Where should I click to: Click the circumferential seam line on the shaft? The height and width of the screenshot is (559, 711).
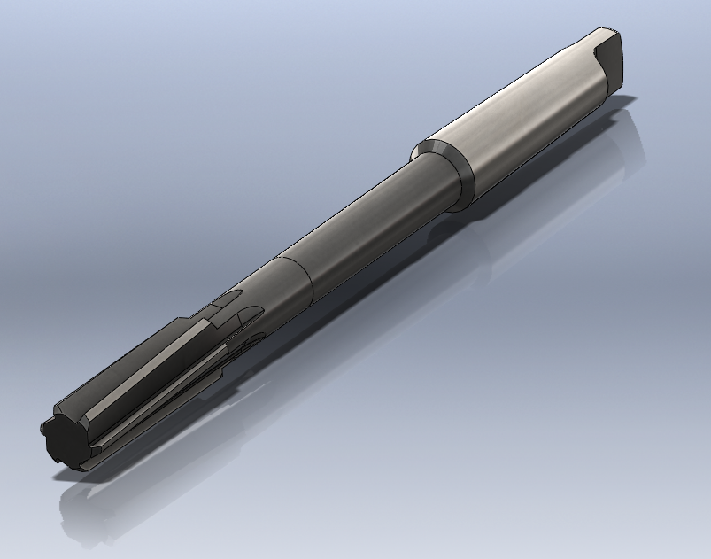coord(298,276)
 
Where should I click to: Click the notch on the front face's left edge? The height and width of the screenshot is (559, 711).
coord(43,429)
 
